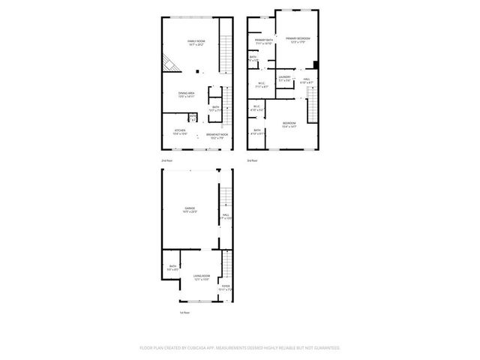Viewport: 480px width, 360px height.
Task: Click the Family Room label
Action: pyautogui.click(x=196, y=41)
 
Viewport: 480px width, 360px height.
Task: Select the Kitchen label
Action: pyautogui.click(x=180, y=132)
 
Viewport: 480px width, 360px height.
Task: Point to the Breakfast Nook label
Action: pyautogui.click(x=217, y=136)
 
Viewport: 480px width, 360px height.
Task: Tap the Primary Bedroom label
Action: pyautogui.click(x=298, y=39)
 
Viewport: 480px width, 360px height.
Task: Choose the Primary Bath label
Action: pyautogui.click(x=263, y=41)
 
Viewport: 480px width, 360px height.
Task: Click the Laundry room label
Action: pyautogui.click(x=284, y=78)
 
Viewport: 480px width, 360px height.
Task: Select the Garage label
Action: pyautogui.click(x=190, y=210)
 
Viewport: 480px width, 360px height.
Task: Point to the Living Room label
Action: pyautogui.click(x=200, y=277)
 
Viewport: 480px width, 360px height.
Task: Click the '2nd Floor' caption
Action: pyautogui.click(x=166, y=160)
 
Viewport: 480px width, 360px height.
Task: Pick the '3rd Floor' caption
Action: pyautogui.click(x=253, y=160)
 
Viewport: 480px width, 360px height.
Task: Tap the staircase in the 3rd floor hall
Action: pyautogui.click(x=314, y=101)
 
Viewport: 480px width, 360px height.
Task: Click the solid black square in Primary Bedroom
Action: pyautogui.click(x=316, y=64)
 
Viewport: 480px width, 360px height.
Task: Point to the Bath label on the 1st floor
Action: pyautogui.click(x=172, y=268)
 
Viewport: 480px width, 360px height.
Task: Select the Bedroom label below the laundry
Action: pyautogui.click(x=289, y=124)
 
